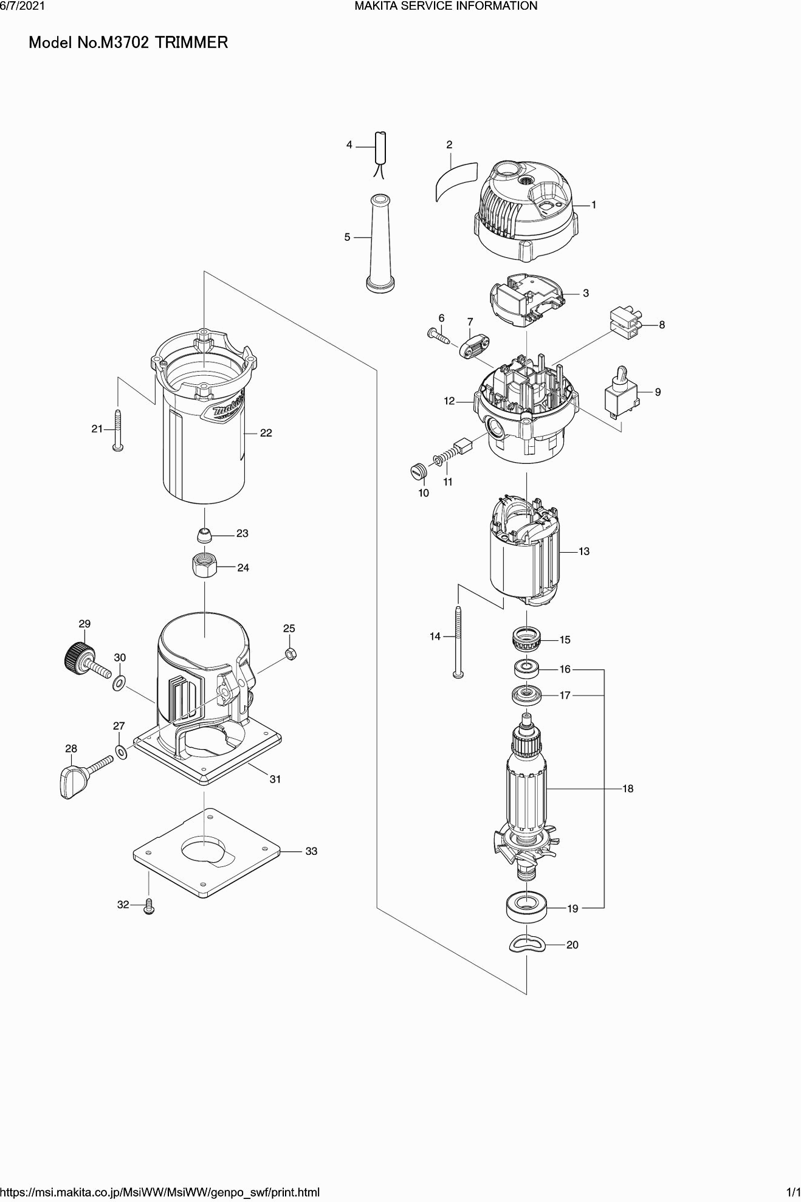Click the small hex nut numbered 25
tap(290, 654)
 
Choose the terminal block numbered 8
tap(626, 323)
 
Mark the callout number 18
tap(628, 789)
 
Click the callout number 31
tap(275, 779)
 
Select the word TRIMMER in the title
tap(191, 43)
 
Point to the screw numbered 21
tap(117, 430)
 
